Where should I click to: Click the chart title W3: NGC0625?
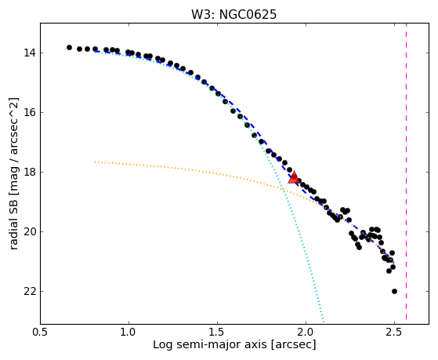[x=233, y=15]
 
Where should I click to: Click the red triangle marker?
[x=294, y=177]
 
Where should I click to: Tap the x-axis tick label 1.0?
[x=129, y=333]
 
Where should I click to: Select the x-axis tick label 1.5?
[x=217, y=333]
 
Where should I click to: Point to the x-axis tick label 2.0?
[x=306, y=333]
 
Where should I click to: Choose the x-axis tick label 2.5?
[x=394, y=333]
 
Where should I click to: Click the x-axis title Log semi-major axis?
[x=210, y=344]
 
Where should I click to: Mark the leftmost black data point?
[x=69, y=48]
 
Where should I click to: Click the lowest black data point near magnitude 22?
[x=394, y=292]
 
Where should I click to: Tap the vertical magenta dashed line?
[x=406, y=171]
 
